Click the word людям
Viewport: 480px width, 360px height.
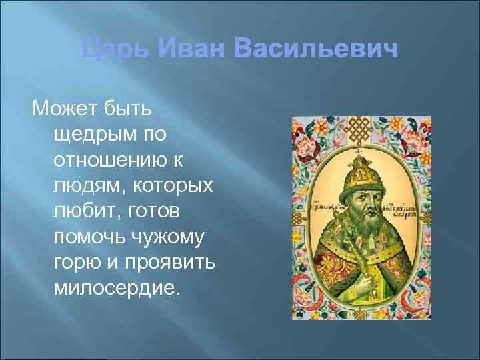(83, 188)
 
